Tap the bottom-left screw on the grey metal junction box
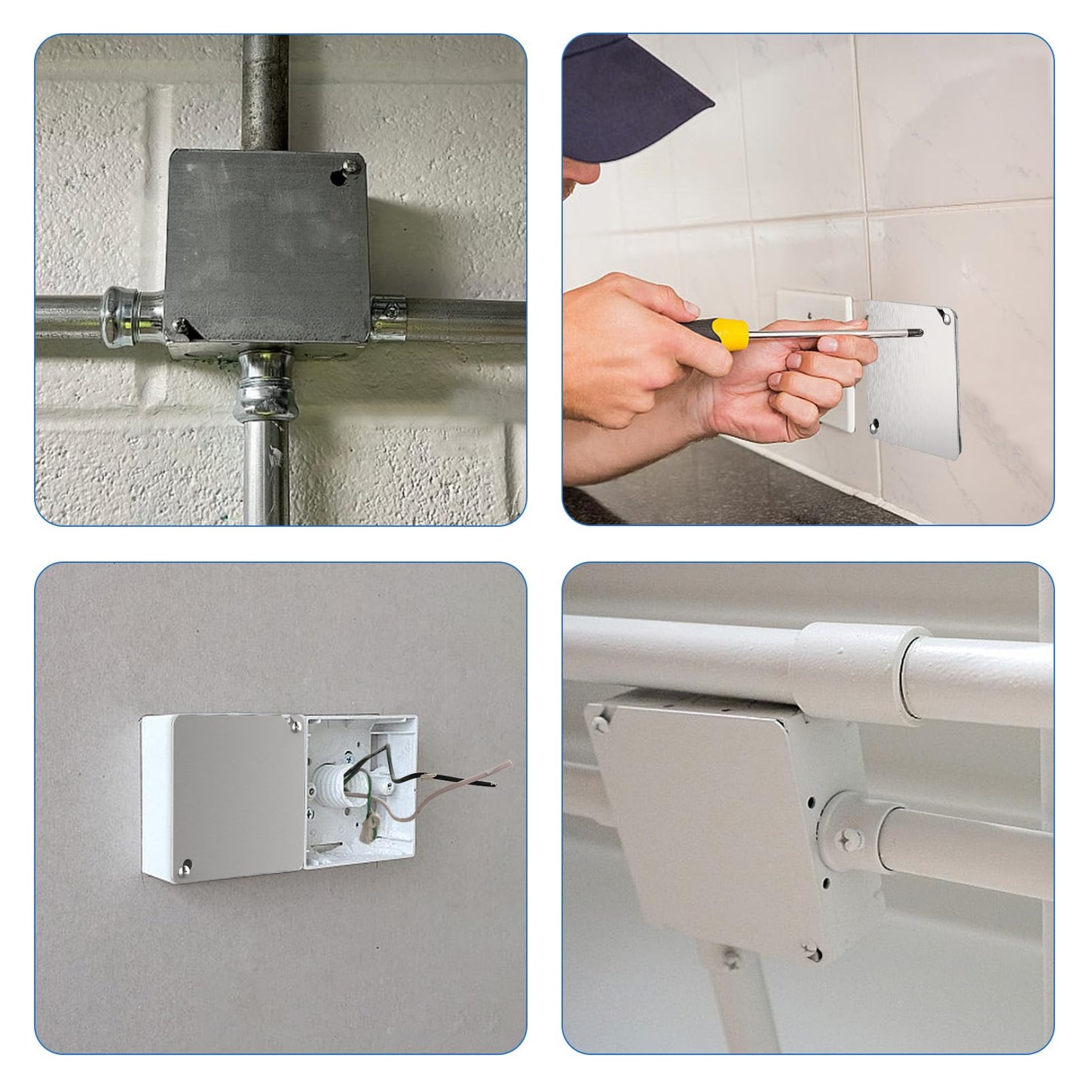coord(181,325)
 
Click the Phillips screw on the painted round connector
coord(848,837)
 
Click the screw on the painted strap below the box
coord(730,959)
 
